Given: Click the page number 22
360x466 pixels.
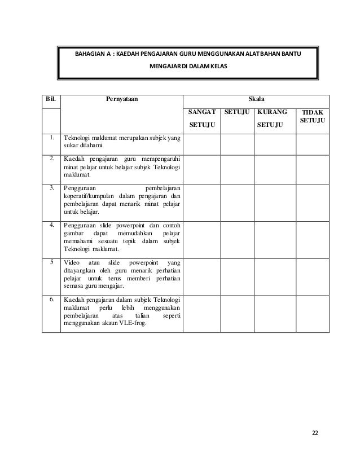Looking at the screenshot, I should pos(315,433).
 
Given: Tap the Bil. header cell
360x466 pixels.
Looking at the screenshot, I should pos(51,99).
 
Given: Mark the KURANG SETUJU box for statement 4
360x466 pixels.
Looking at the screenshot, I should pos(274,237).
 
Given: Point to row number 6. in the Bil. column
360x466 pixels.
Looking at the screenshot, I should pos(51,299).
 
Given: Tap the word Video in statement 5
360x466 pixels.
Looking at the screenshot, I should pos(72,262).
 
